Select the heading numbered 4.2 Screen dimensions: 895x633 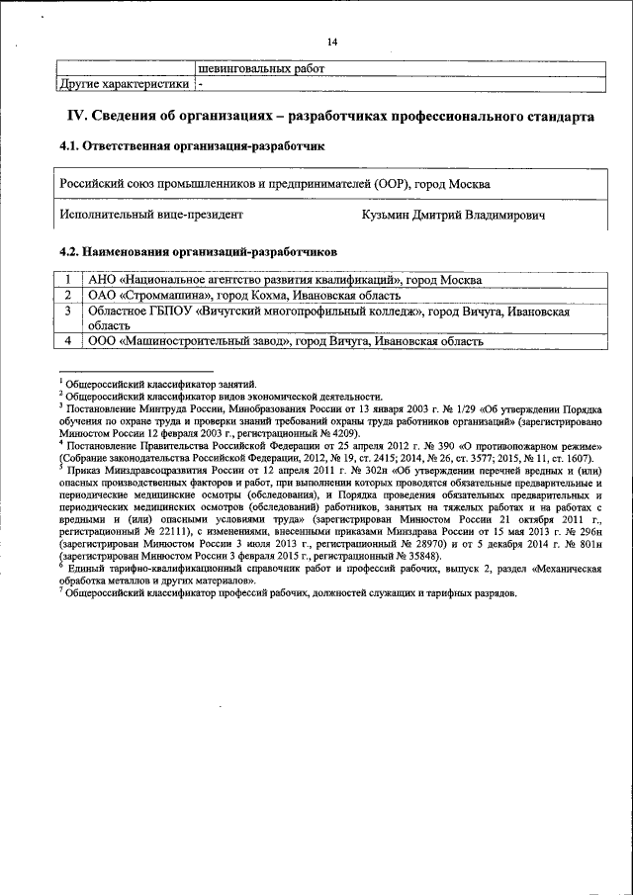198,251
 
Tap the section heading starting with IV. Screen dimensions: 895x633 330,117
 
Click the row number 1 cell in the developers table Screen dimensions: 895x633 67,280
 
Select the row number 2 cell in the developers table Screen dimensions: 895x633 67,295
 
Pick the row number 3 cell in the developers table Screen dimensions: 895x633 67,311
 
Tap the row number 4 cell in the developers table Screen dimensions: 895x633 67,341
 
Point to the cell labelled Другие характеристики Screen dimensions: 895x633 123,84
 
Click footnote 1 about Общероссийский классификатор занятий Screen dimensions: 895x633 162,383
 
